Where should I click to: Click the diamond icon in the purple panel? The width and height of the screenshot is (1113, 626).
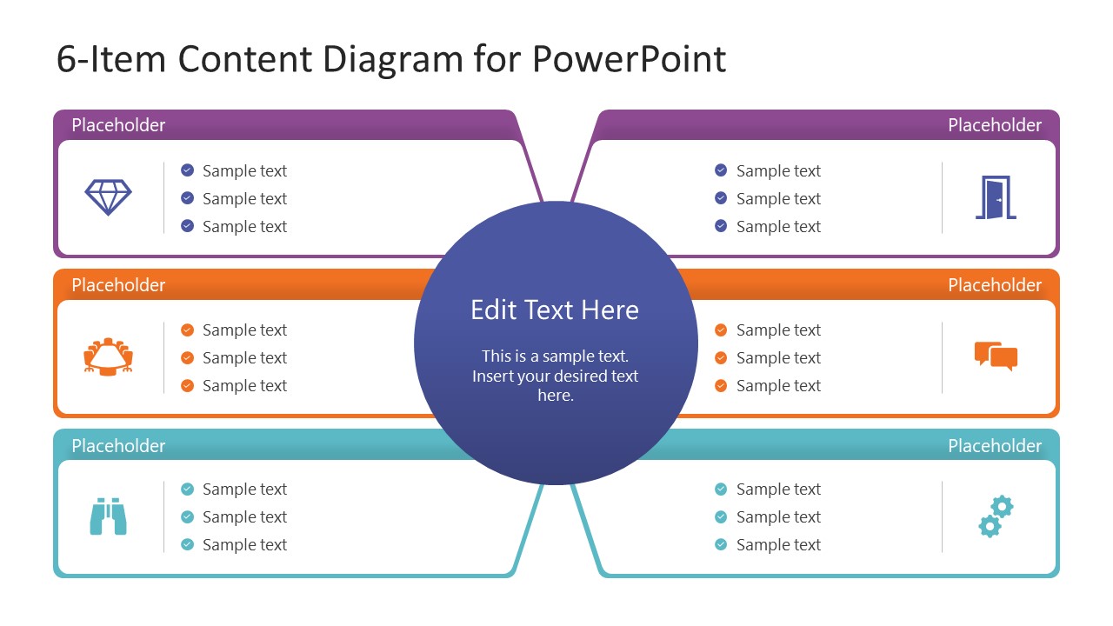[x=109, y=196]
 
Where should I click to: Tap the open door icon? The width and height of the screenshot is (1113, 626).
[x=996, y=197]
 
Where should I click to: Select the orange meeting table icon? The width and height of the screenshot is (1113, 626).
[x=109, y=356]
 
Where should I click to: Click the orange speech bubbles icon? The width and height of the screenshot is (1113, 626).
[x=996, y=356]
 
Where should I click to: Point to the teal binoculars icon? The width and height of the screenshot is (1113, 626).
[x=109, y=516]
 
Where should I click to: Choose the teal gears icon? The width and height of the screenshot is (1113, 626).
[x=996, y=516]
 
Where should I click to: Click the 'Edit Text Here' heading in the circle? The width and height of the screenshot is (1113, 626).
[x=555, y=310]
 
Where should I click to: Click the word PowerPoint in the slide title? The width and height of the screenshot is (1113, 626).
[x=629, y=59]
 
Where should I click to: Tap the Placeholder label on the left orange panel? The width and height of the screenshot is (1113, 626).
[x=118, y=285]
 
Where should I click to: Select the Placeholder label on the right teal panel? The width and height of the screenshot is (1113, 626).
[x=995, y=446]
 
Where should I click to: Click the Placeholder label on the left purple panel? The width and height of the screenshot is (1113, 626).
[x=118, y=125]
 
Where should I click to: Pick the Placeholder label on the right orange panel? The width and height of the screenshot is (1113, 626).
[x=995, y=285]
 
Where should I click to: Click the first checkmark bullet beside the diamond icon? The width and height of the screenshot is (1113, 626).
[x=187, y=170]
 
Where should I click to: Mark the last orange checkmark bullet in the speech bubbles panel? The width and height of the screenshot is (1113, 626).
[x=721, y=385]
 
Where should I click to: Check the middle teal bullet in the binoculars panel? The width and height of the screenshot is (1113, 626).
[x=187, y=516]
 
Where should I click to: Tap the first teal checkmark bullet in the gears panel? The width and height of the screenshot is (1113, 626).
[x=721, y=489]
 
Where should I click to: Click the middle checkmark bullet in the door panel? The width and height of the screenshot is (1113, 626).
[x=721, y=198]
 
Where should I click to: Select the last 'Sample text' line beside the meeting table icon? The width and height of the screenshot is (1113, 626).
[x=244, y=385]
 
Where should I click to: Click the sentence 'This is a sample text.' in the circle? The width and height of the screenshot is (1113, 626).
[x=555, y=356]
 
